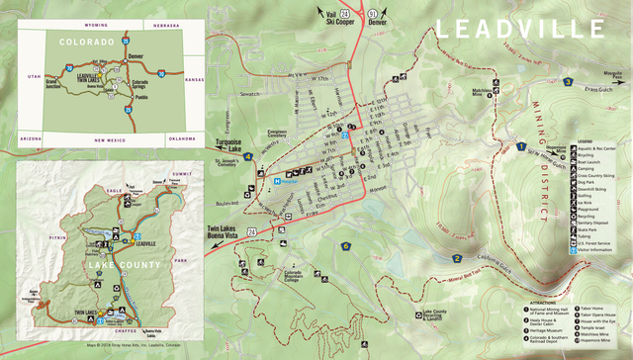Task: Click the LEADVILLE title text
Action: click(x=520, y=29)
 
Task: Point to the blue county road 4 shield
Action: click(x=568, y=82)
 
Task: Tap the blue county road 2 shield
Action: click(x=457, y=259)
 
